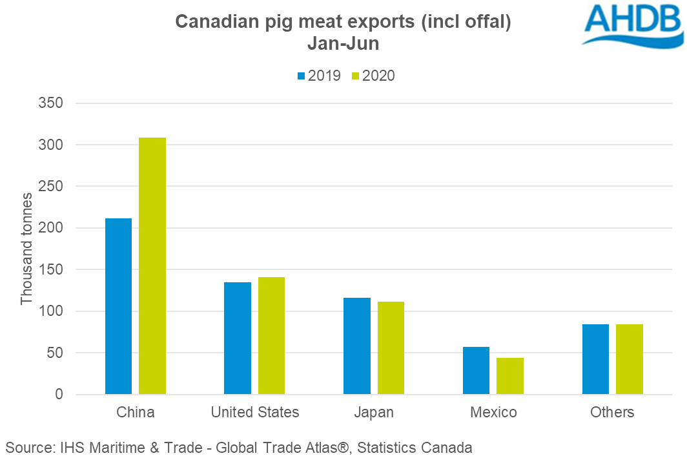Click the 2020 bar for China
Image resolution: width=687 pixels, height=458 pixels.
(152, 265)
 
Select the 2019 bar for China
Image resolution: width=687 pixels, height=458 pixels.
(118, 306)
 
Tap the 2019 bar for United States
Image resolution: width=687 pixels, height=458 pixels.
(238, 338)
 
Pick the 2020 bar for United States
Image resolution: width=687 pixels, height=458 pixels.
(271, 336)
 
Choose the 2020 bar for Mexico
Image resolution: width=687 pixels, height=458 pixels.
(509, 376)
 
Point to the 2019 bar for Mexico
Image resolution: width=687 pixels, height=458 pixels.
(476, 370)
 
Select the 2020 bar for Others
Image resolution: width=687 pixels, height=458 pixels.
(629, 359)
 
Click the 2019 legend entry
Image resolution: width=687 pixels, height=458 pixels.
(318, 76)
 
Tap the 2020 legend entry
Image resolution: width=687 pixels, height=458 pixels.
(373, 76)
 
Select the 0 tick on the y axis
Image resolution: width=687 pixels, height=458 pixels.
(58, 395)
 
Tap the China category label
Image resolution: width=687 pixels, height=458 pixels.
(136, 412)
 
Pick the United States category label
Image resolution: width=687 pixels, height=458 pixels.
(255, 412)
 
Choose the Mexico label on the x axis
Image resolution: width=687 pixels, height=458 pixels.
(493, 412)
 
